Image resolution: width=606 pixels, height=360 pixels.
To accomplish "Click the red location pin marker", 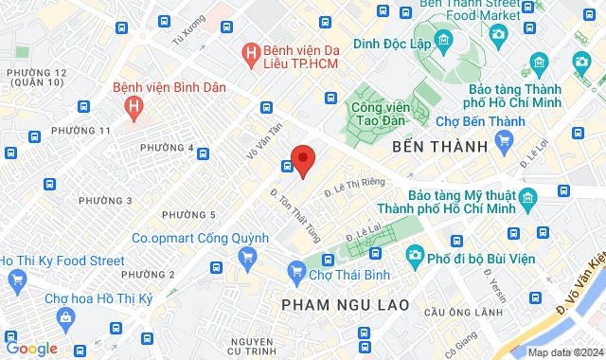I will pos(302,159).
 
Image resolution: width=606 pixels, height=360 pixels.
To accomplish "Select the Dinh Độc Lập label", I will pos(392,43).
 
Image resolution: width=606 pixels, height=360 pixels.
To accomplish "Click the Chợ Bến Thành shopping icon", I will pos(504,143).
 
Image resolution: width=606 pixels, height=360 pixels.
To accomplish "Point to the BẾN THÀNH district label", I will pos(444,147).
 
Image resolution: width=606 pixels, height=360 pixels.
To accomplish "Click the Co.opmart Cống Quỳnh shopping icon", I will pos(248,256).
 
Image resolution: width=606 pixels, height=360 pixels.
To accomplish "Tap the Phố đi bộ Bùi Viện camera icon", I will pos(415,255).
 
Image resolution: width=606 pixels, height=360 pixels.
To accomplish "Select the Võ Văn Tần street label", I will pos(264,141).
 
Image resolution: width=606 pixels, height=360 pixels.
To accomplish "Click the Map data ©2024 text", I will pos(563,352).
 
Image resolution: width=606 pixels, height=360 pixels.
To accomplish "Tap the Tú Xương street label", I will pos(188,36).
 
